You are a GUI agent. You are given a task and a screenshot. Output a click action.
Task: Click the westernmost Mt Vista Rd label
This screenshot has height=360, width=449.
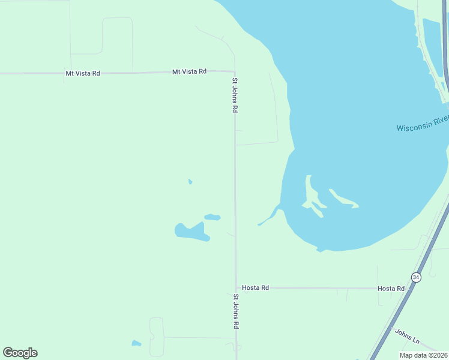pos(83,73)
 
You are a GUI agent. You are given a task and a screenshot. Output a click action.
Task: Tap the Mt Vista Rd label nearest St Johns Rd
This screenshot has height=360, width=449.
pos(189,71)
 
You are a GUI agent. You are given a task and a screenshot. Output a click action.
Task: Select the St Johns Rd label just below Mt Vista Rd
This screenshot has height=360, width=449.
pos(235,95)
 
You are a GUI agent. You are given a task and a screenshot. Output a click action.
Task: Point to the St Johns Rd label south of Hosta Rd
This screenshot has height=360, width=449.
pos(236,311)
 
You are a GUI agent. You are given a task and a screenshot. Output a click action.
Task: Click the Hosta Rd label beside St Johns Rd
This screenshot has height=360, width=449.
pos(256,288)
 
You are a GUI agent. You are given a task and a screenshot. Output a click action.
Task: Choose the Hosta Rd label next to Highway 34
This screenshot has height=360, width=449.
pos(391,289)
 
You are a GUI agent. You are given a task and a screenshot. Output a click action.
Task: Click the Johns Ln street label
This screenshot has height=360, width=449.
pos(407,336)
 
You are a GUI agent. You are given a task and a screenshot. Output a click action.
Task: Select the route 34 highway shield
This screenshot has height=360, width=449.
pos(416,277)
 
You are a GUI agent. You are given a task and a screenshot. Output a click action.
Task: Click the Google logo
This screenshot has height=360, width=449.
pos(20,353)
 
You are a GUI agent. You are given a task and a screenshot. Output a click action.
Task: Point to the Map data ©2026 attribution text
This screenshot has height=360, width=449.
pos(424,355)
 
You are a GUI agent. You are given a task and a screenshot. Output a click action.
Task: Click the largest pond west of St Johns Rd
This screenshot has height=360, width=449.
pos(191,232)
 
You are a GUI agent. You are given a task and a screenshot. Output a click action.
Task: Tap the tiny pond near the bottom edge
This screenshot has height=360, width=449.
pos(136,344)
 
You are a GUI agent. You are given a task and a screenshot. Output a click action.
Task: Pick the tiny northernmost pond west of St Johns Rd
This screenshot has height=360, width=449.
pos(190,181)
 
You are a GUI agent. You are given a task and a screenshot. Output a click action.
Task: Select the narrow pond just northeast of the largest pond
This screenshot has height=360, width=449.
pos(212,217)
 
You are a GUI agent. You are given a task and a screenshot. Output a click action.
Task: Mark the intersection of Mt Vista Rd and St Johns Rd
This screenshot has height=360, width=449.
pos(234,72)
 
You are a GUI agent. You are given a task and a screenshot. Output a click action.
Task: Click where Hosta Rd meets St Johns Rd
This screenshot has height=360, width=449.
pos(235,288)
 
